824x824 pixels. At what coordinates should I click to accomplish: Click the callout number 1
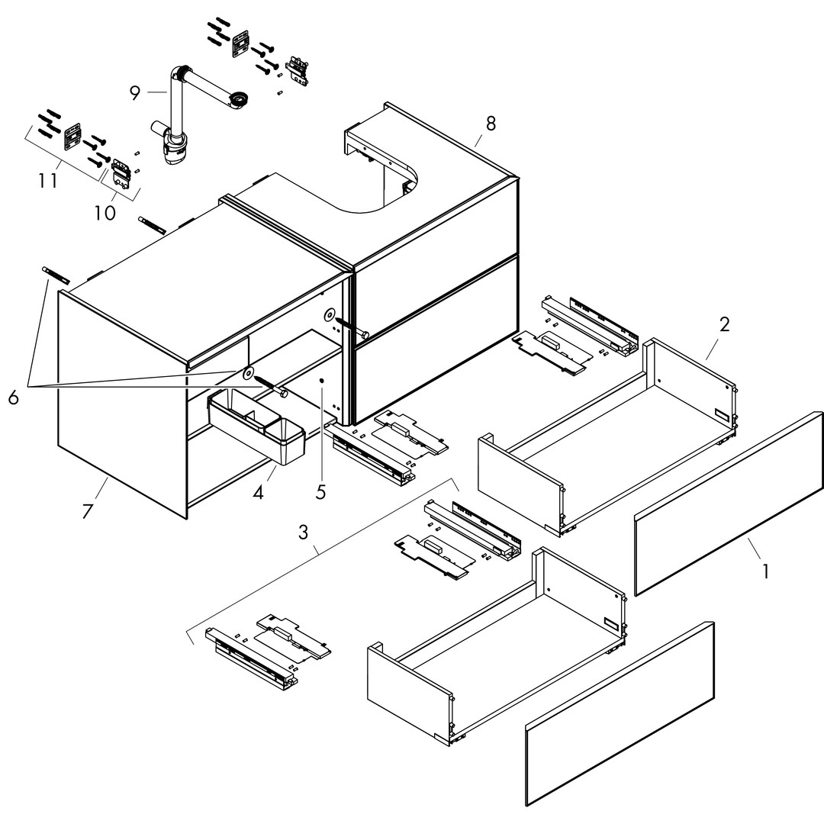tap(766, 570)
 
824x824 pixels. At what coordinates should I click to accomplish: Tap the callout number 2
tap(724, 323)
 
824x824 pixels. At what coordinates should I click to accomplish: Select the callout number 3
tap(304, 532)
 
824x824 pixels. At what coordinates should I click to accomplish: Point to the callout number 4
tap(258, 492)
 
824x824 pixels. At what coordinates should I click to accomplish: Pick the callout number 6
tap(14, 398)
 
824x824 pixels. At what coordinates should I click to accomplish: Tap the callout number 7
tap(87, 510)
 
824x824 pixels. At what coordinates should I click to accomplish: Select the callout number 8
tap(491, 123)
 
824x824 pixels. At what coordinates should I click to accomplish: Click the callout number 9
tap(135, 93)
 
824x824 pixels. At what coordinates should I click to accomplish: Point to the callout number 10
tap(105, 211)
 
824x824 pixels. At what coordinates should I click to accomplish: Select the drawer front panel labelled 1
tap(729, 504)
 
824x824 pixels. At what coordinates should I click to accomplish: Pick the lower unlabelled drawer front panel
tap(620, 713)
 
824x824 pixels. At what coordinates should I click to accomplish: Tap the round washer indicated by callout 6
tap(248, 373)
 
